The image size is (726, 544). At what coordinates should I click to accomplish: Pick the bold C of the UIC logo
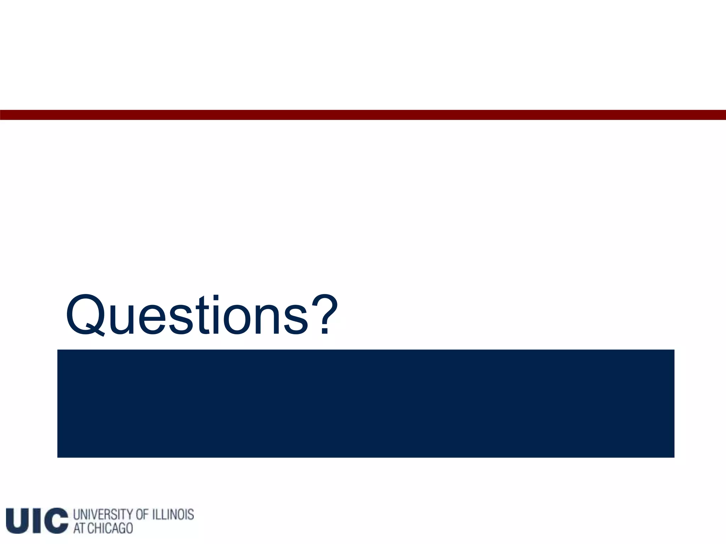[x=56, y=520]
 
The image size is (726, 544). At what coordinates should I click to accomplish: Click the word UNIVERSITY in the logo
[x=102, y=515]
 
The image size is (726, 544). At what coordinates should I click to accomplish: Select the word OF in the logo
[x=142, y=515]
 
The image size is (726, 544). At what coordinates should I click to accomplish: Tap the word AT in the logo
[x=79, y=528]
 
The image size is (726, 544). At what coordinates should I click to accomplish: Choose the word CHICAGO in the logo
[x=110, y=528]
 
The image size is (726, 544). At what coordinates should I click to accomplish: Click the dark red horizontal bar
[x=363, y=115]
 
